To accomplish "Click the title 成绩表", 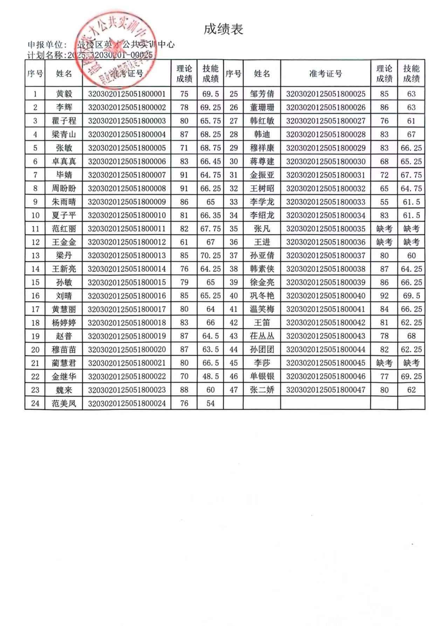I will point(223,29).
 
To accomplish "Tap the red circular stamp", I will point(116,49).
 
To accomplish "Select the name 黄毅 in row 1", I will point(64,94).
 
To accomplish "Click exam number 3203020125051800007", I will point(127,175).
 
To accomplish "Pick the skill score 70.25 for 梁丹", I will point(211,256).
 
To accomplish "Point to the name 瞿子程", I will point(64,121).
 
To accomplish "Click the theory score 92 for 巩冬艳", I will point(384,296).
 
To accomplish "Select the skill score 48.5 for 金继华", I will point(211,377).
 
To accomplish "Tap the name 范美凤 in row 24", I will point(64,404).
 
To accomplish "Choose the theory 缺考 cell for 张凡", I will point(384,229).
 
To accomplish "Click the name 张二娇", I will point(262,390).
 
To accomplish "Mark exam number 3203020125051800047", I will point(326,390).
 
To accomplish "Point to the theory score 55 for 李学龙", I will point(384,202).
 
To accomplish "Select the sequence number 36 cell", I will point(234,242).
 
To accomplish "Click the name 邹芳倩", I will point(262,94).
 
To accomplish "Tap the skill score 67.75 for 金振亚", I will point(411,175).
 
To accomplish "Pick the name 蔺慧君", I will point(64,363).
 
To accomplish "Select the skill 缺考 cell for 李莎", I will point(411,363).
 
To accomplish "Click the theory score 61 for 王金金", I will point(184,242).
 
